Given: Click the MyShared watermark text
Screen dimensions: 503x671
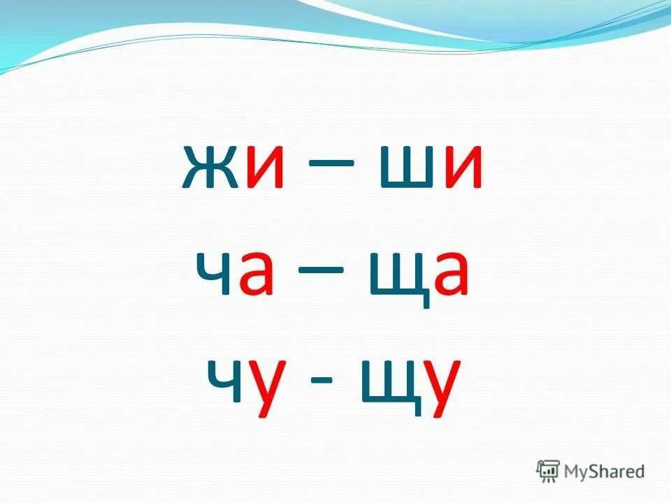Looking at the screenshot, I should [605, 471].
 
